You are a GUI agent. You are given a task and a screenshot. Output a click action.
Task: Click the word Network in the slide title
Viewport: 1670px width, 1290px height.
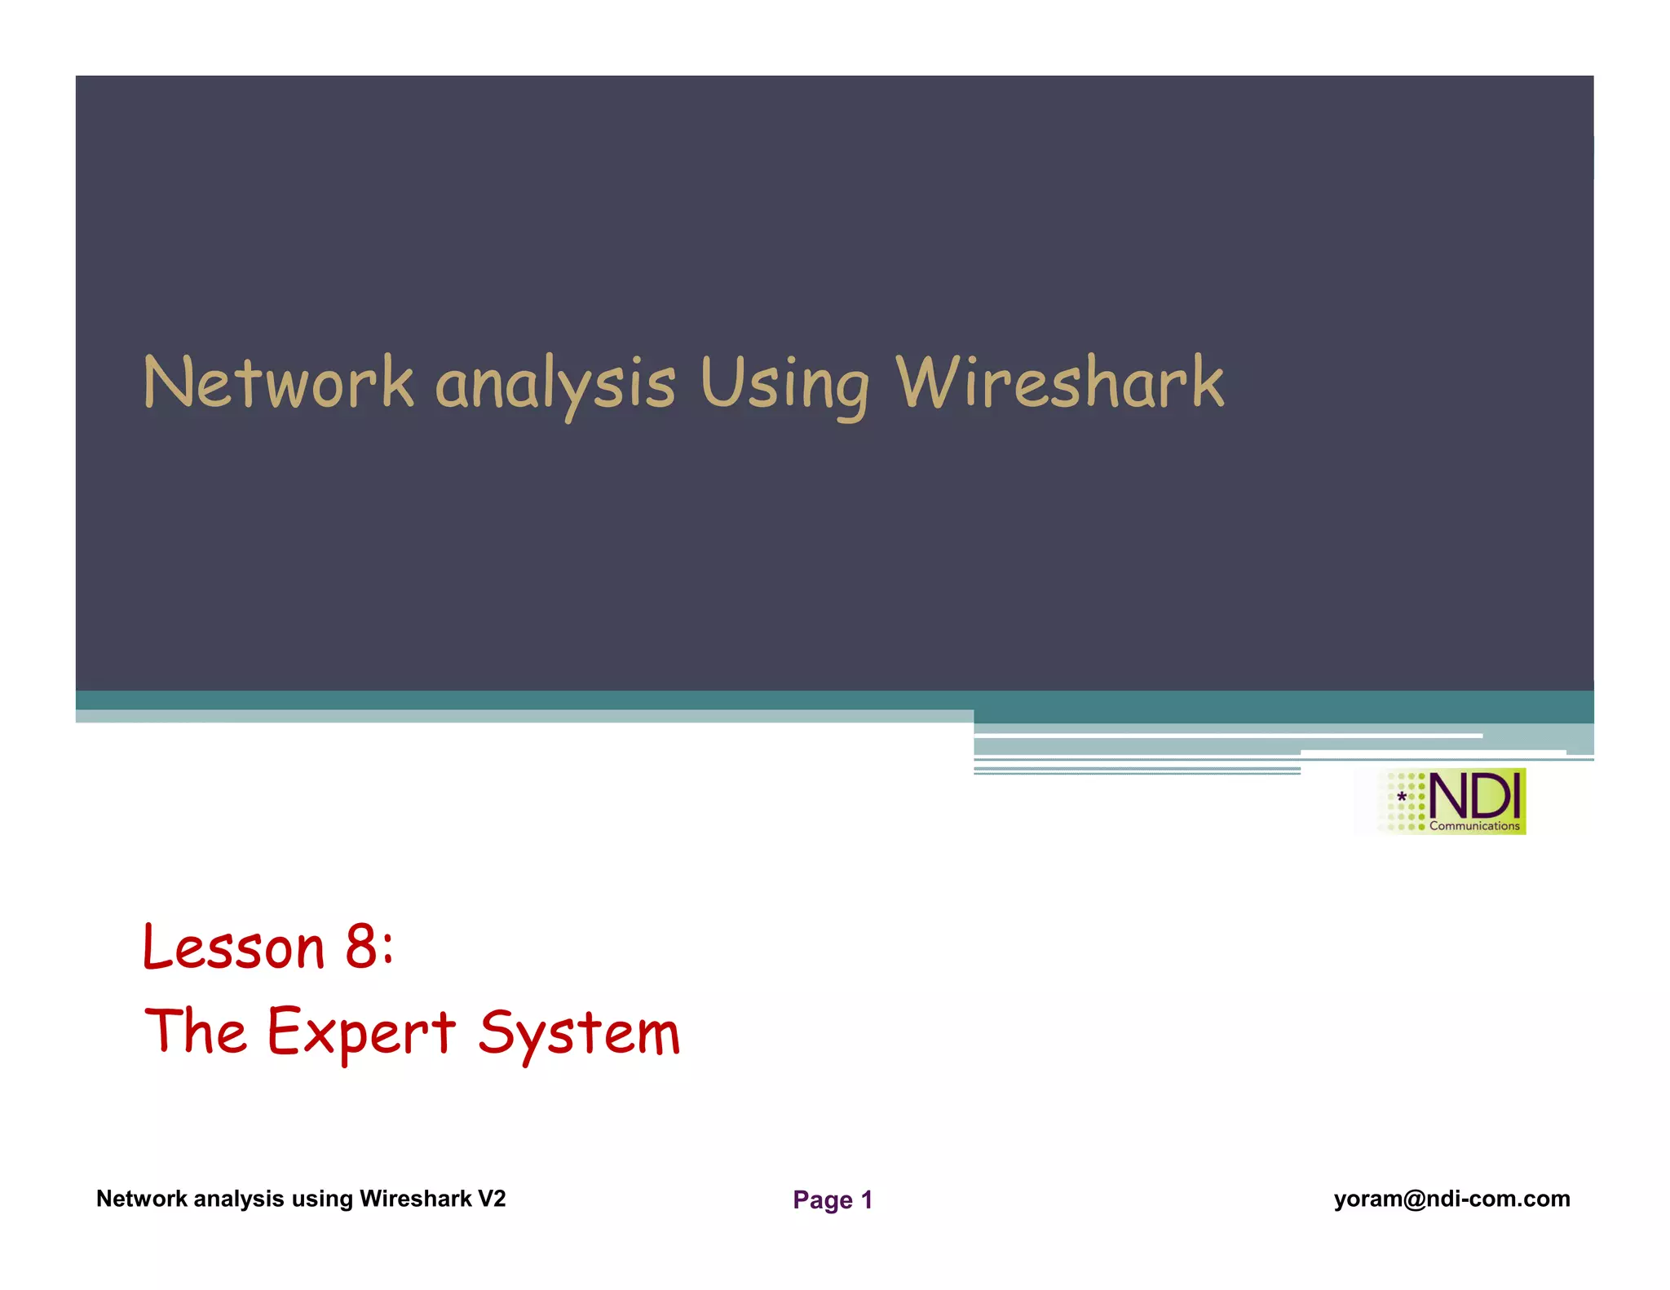click(x=278, y=382)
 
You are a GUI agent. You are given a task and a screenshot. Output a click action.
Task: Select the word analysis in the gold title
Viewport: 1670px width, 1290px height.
click(x=555, y=385)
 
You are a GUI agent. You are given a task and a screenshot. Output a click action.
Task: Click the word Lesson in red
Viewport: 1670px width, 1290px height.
click(x=234, y=948)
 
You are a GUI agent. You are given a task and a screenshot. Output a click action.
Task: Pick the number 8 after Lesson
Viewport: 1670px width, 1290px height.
click(x=360, y=948)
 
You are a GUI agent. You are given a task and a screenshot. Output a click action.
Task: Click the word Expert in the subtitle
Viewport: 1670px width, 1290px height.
click(x=361, y=1032)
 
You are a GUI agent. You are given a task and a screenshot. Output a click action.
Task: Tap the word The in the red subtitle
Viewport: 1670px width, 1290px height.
click(x=196, y=1031)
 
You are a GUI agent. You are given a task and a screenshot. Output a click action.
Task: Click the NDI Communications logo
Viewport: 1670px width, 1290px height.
click(x=1451, y=802)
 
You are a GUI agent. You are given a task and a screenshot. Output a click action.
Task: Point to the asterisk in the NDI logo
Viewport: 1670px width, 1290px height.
click(x=1402, y=797)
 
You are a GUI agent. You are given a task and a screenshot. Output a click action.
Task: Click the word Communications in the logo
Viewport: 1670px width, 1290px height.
click(x=1474, y=826)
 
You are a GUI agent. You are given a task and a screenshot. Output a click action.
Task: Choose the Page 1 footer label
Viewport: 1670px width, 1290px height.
click(x=833, y=1199)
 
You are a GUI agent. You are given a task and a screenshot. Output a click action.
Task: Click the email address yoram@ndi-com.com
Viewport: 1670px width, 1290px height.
click(x=1451, y=1199)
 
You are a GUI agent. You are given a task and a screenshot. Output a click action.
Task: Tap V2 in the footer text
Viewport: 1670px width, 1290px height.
click(x=492, y=1199)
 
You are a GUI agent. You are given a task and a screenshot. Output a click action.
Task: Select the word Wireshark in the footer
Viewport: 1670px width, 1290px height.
click(x=416, y=1199)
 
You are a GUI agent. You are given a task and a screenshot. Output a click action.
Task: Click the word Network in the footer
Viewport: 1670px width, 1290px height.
click(x=142, y=1199)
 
